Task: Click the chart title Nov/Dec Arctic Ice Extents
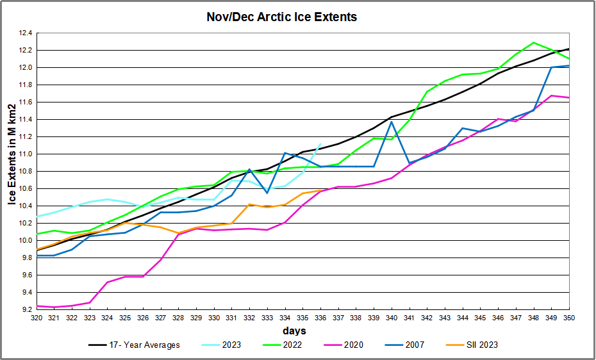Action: (282, 17)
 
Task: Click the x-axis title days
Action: (295, 331)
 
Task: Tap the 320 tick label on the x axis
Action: (36, 318)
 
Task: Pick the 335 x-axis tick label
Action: (302, 318)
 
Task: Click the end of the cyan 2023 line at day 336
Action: (320, 144)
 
